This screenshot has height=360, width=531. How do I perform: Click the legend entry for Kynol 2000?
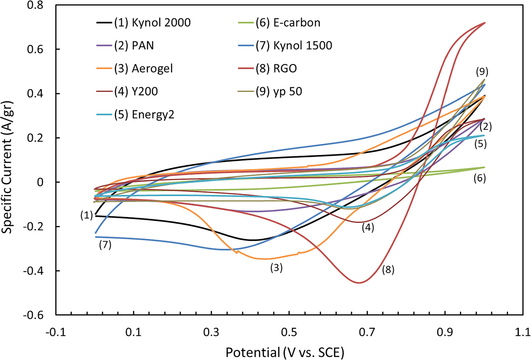(x=152, y=23)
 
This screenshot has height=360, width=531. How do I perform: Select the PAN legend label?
(x=134, y=45)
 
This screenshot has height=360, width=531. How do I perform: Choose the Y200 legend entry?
(x=136, y=91)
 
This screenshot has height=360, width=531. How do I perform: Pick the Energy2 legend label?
(x=144, y=115)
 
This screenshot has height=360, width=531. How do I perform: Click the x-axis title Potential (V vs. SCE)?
(x=285, y=352)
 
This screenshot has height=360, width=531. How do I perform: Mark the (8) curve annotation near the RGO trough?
(x=388, y=270)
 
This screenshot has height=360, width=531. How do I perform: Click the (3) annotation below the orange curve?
(x=276, y=268)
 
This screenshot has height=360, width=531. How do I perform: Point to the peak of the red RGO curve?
(x=485, y=23)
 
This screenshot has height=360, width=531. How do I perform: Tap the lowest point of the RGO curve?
(x=359, y=283)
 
